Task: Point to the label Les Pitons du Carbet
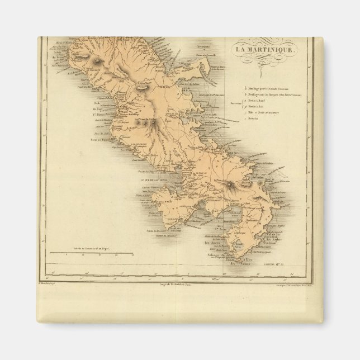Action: pyautogui.click(x=146, y=120)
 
